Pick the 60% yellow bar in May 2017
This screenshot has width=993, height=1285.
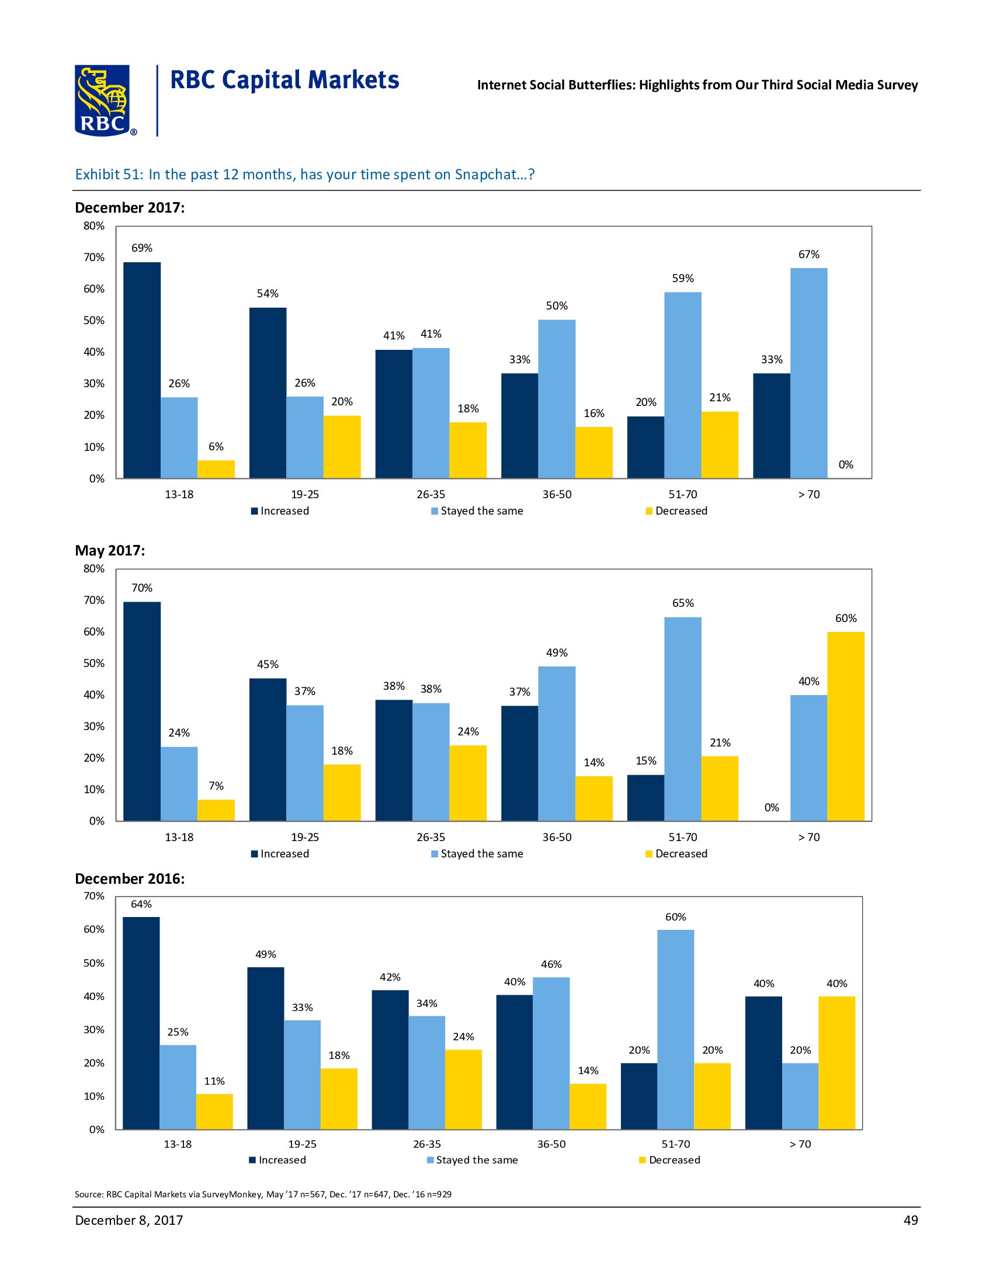tap(845, 726)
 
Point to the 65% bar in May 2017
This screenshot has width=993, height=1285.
tap(682, 718)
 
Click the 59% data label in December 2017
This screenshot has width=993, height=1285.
tap(682, 278)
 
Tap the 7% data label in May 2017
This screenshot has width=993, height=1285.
tap(216, 786)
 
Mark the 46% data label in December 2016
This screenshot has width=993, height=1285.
tap(551, 964)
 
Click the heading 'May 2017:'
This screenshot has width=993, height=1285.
tap(110, 551)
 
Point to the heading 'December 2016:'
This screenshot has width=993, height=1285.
tap(130, 879)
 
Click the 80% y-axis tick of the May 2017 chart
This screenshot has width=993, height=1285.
tap(94, 569)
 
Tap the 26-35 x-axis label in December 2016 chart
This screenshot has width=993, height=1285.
tap(426, 1144)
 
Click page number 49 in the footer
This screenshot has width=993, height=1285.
tap(910, 1220)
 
